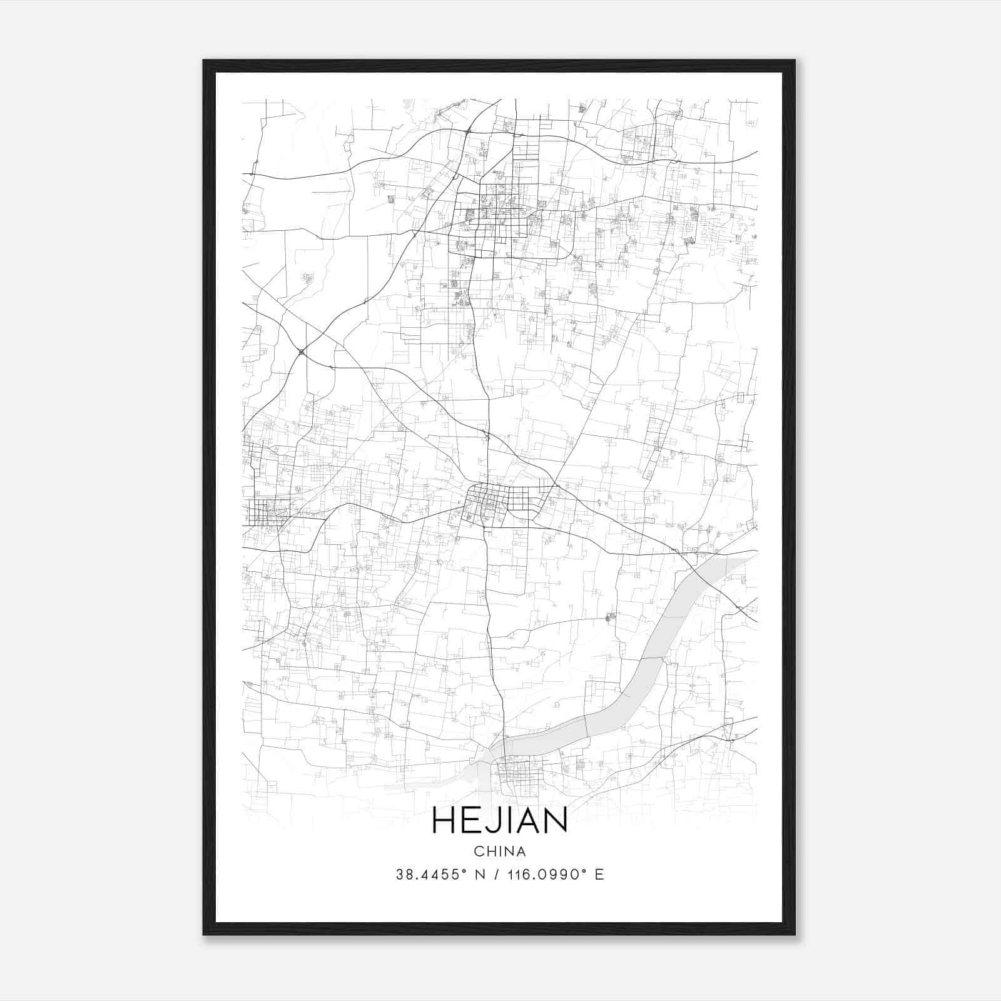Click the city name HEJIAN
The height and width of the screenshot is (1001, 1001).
point(499,821)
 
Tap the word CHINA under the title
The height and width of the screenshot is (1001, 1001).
point(499,851)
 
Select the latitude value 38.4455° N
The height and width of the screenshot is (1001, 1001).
point(442,875)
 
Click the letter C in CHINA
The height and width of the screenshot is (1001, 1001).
point(478,851)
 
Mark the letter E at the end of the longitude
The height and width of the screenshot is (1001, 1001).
point(600,875)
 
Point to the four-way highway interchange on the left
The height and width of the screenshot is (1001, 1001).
point(302,352)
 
